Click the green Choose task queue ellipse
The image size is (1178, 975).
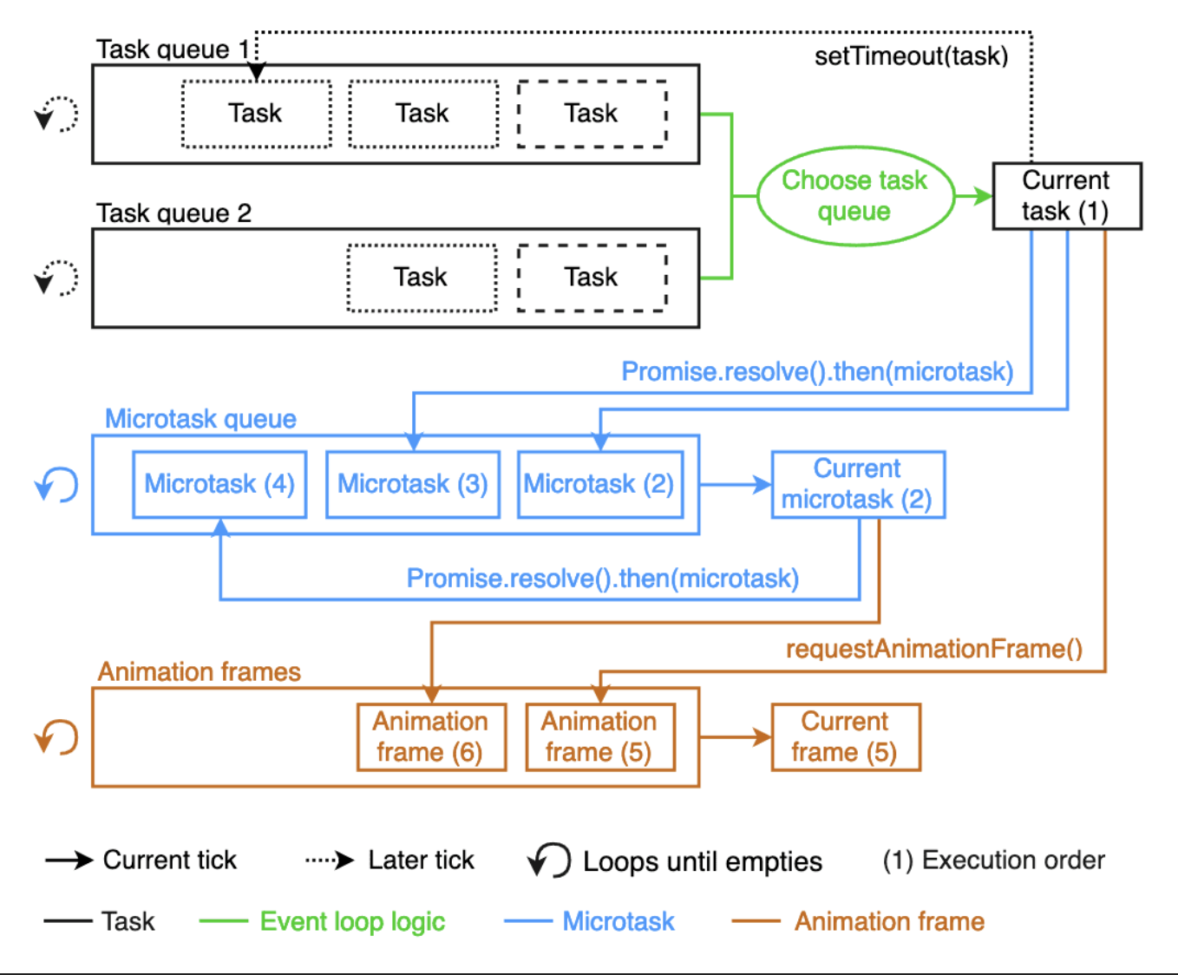click(855, 196)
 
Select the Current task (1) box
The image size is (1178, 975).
click(1067, 196)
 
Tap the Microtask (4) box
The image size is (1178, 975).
click(219, 484)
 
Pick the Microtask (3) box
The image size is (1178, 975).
click(413, 484)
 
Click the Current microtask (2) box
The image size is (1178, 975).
click(858, 484)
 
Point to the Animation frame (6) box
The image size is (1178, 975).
click(432, 737)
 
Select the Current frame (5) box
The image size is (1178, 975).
click(846, 737)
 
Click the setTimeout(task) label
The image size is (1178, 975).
click(911, 56)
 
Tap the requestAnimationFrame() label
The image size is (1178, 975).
click(934, 649)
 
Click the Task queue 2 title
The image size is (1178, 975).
click(173, 213)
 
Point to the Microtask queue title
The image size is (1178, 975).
click(201, 419)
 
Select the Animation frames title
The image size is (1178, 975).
click(200, 672)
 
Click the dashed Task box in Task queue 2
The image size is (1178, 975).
click(592, 278)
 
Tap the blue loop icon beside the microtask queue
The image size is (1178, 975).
click(56, 484)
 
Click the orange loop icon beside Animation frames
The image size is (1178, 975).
click(56, 737)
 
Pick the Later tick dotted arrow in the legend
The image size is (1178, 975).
click(330, 860)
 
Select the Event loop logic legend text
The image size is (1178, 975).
click(352, 922)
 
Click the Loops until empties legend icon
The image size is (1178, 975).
click(549, 860)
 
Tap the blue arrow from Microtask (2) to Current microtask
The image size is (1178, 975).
click(735, 484)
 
